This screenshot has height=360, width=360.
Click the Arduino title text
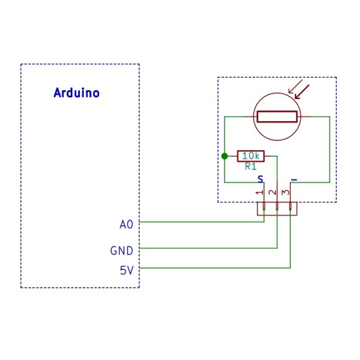coord(76,93)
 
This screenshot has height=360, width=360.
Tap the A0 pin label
coord(126,225)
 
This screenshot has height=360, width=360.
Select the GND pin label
coord(122,251)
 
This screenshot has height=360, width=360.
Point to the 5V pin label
coord(126,270)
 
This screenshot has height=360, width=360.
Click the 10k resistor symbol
coord(251,156)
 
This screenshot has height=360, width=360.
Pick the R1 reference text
coord(251,166)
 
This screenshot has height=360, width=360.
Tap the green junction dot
coord(225,156)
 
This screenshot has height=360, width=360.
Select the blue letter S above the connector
coord(261,179)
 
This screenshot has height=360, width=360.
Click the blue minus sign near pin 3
coord(294,179)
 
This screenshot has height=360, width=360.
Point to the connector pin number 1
coord(260,192)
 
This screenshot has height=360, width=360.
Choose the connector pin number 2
coord(273,192)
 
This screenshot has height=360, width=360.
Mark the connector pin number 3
coord(286,192)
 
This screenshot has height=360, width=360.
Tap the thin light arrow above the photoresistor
coord(296,86)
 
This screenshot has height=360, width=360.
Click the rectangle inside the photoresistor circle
coord(277,117)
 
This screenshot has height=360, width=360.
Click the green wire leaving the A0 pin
coord(198,222)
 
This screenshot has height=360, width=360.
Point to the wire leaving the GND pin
coord(209,248)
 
